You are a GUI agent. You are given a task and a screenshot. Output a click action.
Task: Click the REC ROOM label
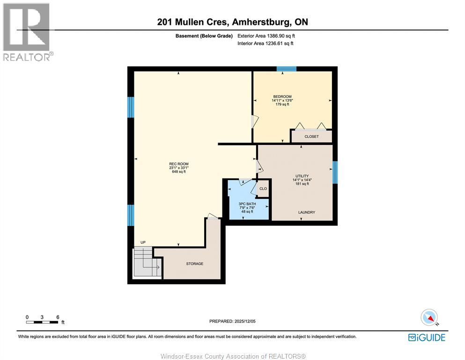pos(179,164)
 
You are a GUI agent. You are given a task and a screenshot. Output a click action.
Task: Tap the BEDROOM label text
pos(282,97)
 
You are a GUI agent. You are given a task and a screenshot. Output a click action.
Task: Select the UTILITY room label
pos(302,176)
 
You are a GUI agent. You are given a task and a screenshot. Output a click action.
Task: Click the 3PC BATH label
pos(247,203)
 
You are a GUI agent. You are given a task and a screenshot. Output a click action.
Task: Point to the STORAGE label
pos(194,264)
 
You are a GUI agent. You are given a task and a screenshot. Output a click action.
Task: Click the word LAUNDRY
pos(307,212)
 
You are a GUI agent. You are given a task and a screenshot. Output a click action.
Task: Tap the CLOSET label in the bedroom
pos(311,137)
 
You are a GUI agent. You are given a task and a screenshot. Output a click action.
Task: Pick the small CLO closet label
pos(263,189)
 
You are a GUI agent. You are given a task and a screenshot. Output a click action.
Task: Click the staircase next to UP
pos(145,262)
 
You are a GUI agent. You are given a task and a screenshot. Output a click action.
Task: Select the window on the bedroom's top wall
pos(286,69)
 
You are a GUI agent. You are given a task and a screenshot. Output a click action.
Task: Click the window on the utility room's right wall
pos(335,172)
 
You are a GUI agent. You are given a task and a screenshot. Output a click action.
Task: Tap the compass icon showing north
pos(429,317)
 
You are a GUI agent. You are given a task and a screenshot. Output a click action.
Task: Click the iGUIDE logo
pos(427,337)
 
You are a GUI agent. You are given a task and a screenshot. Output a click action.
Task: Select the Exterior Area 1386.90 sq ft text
pos(266,36)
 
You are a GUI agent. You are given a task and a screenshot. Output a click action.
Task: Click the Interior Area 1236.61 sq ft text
pos(266,44)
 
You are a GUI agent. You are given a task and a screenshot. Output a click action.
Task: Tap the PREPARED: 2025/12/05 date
pos(232,321)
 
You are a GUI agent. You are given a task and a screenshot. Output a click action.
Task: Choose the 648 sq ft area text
pos(179,172)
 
